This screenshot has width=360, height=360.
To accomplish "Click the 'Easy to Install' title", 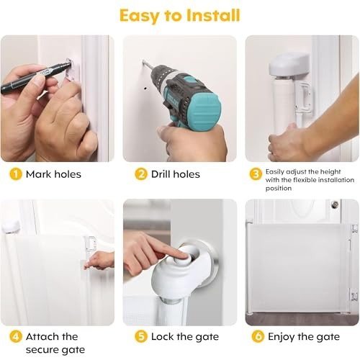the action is click(180, 16).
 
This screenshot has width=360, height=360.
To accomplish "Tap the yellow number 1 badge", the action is click(16, 174).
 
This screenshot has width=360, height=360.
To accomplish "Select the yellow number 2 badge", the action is click(141, 174).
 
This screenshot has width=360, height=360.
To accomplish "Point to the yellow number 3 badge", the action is click(256, 174).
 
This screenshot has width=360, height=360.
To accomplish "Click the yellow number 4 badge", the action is click(16, 336).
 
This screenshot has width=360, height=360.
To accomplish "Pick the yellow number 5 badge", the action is click(141, 336).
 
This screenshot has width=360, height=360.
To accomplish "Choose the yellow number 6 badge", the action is click(258, 336).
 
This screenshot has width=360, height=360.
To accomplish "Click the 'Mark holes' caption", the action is click(53, 174).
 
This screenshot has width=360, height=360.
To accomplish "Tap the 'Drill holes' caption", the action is click(176, 174).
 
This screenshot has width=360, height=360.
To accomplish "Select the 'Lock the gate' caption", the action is click(185, 337).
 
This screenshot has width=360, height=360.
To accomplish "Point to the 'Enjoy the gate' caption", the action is click(304, 337).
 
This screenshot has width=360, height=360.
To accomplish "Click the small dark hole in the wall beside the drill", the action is click(145, 89).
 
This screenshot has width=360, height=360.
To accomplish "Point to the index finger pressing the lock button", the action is click(166, 250).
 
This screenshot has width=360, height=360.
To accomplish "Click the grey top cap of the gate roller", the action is click(289, 63).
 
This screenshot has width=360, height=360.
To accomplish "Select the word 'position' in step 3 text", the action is click(279, 188).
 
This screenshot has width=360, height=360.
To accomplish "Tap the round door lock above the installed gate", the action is click(335, 204).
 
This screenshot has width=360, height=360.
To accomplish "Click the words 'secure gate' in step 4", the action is click(55, 350).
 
